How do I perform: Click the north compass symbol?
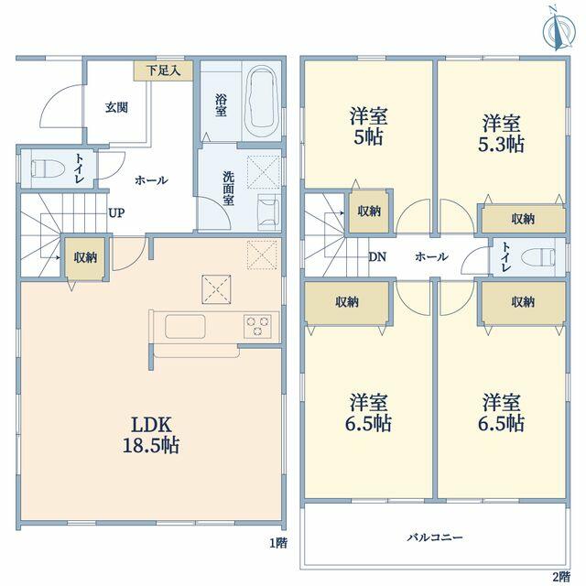click(x=559, y=29)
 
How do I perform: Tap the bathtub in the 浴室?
click(x=264, y=101)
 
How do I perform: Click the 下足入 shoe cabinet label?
click(x=163, y=71)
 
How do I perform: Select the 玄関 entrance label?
click(x=116, y=108)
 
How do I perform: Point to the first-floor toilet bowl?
click(x=48, y=168)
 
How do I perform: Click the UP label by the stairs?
click(x=116, y=213)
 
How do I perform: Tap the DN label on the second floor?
click(x=377, y=256)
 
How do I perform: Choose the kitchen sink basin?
click(x=185, y=326)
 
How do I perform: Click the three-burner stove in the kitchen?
click(x=258, y=326)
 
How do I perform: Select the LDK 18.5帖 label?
click(x=151, y=435)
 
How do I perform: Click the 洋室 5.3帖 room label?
click(x=501, y=134)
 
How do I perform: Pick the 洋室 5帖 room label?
click(x=368, y=126)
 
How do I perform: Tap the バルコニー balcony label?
click(x=435, y=537)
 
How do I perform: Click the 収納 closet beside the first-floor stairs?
click(x=85, y=257)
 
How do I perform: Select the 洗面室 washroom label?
click(x=228, y=189)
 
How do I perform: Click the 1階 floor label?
click(x=278, y=543)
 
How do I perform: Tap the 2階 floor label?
click(x=561, y=576)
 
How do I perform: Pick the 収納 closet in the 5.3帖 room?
click(x=523, y=219)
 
